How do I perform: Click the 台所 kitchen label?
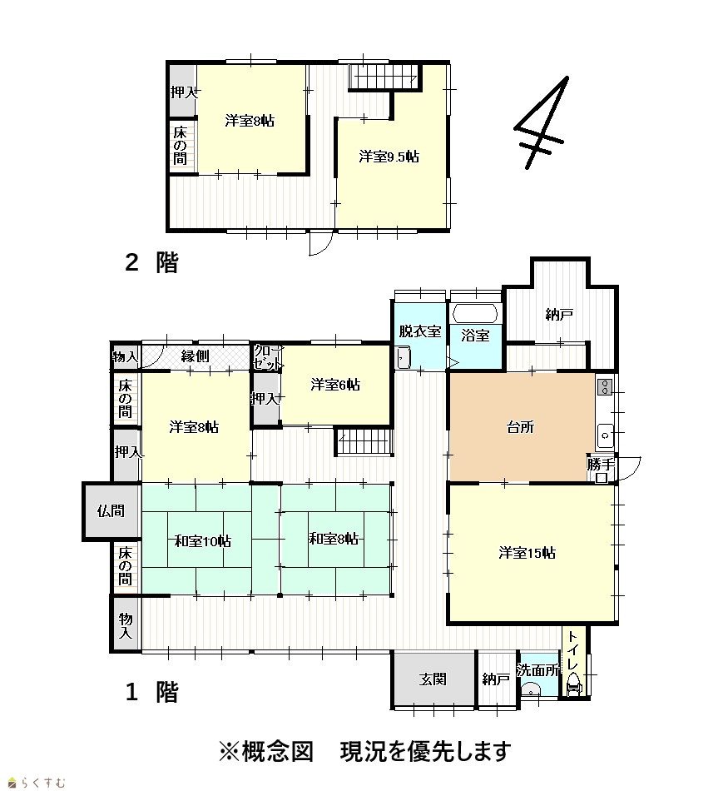(520, 427)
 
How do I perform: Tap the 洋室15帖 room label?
(527, 553)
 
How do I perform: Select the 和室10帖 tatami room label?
(203, 541)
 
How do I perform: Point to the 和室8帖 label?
(334, 539)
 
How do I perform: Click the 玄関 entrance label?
(433, 679)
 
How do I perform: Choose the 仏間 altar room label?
(111, 511)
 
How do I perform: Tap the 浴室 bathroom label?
(475, 336)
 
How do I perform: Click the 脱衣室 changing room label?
(420, 331)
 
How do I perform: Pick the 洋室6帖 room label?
(335, 385)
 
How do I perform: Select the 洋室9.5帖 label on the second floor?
(389, 157)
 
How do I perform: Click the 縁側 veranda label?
(196, 356)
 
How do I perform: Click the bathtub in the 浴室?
(475, 313)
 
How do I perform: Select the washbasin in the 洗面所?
(529, 689)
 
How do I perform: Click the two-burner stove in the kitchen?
(605, 387)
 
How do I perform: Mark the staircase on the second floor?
(384, 77)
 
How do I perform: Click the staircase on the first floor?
(364, 441)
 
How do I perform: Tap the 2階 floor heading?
(151, 262)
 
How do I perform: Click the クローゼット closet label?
(266, 357)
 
